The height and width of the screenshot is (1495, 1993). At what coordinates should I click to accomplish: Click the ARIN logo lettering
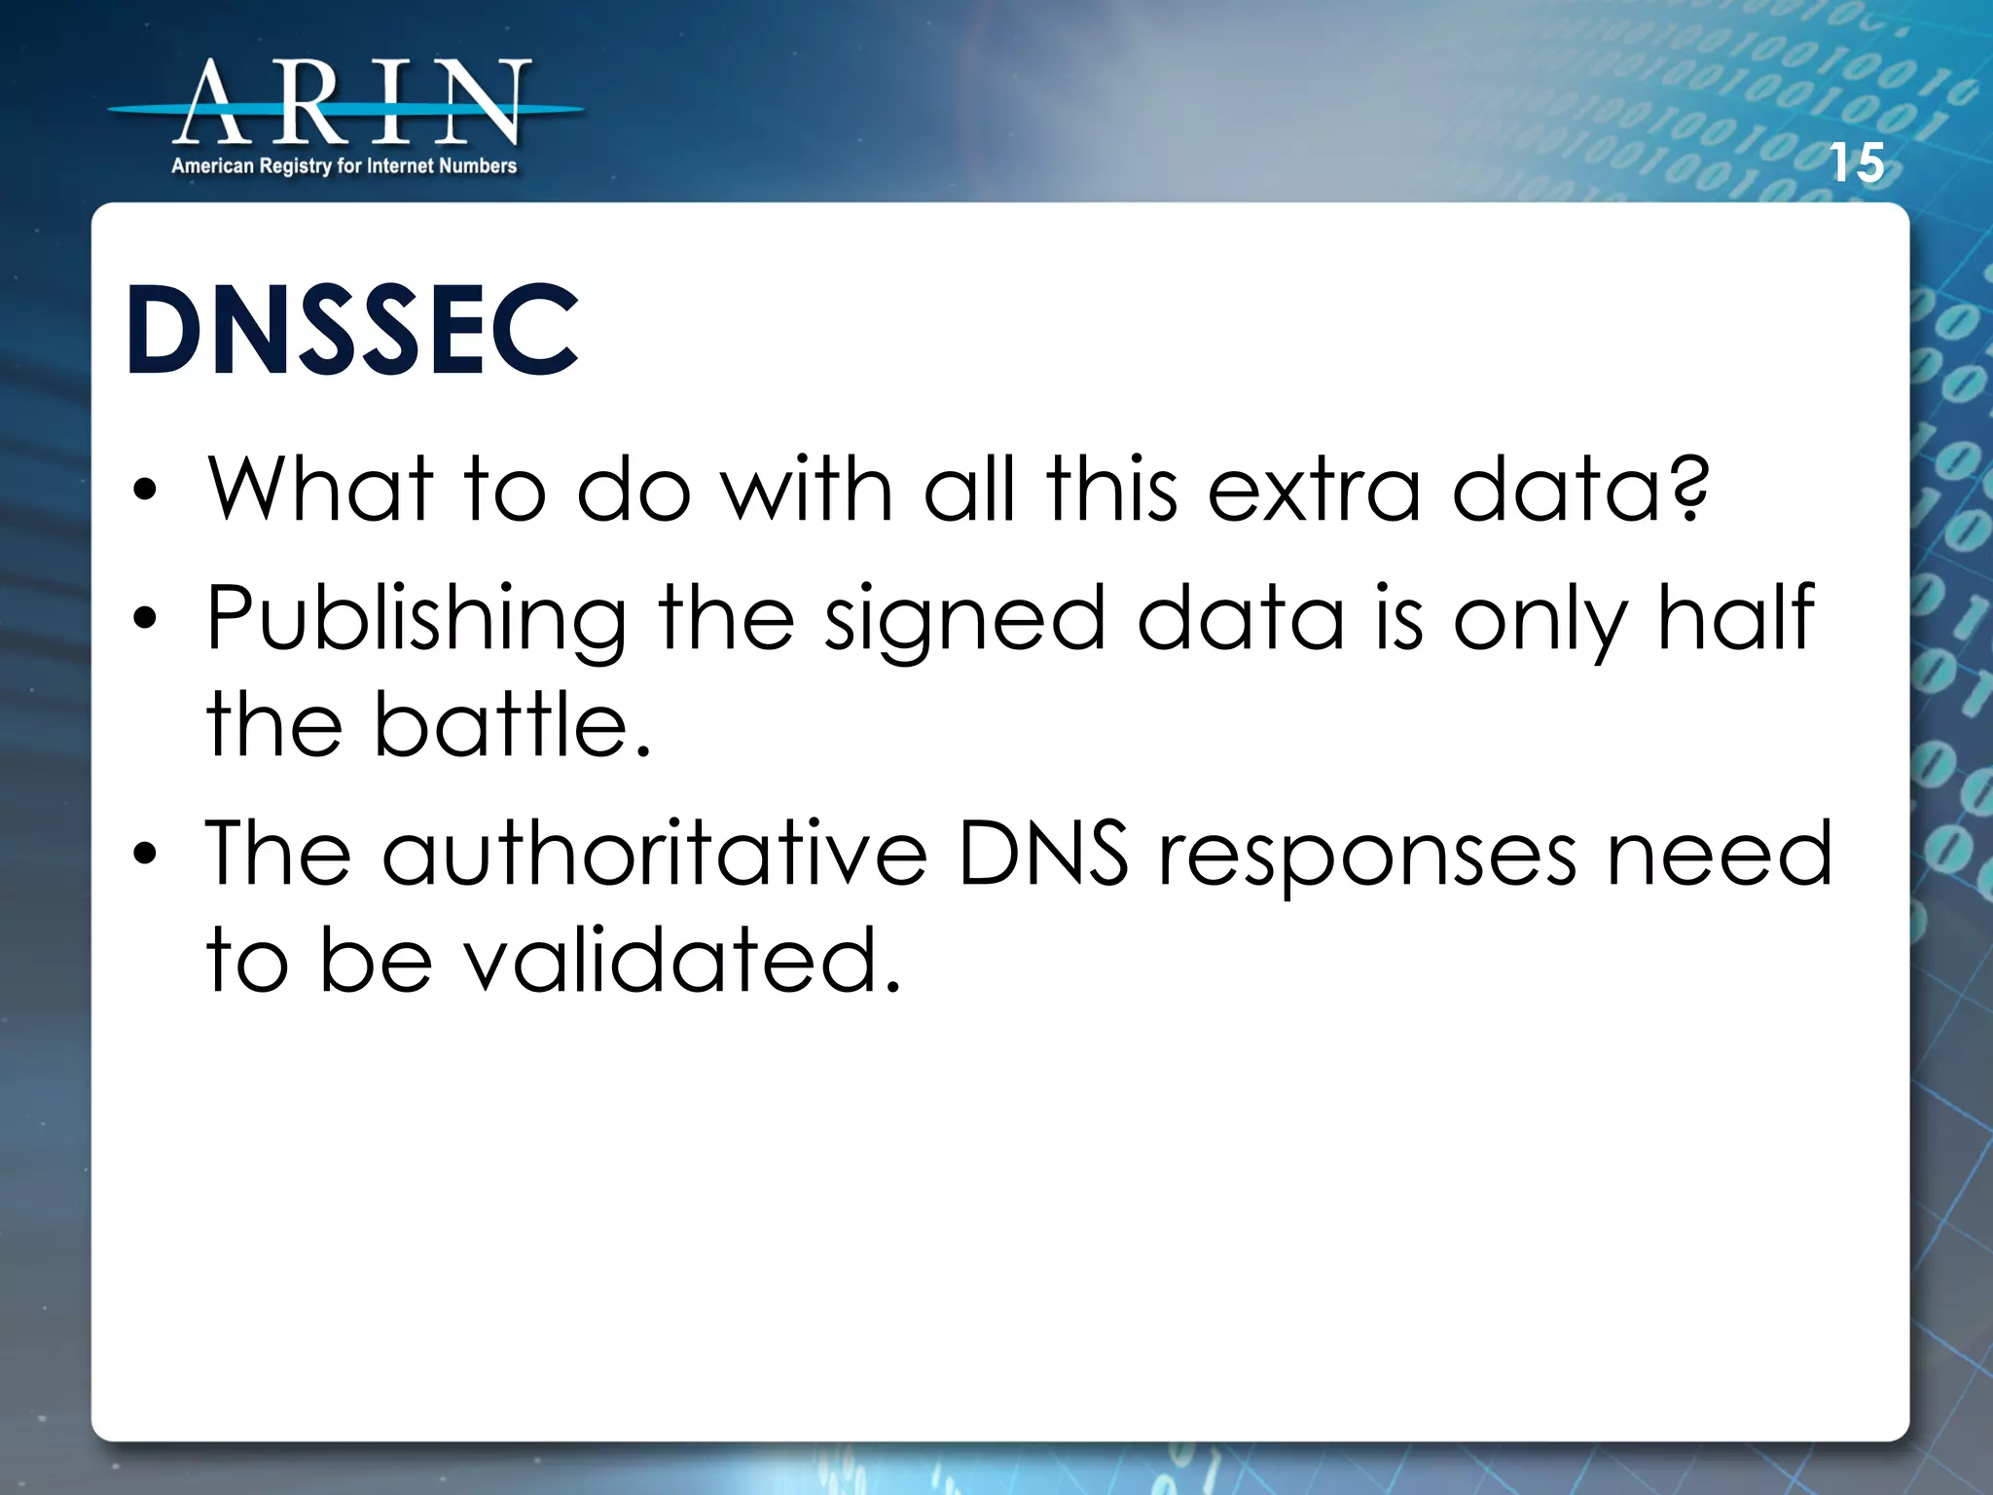click(x=350, y=102)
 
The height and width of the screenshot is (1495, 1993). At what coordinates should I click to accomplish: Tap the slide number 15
click(x=1857, y=163)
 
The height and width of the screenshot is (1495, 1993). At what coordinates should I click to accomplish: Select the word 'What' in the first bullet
click(x=320, y=489)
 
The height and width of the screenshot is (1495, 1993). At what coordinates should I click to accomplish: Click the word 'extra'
click(x=1314, y=489)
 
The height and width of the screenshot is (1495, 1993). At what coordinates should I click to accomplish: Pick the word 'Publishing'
click(x=417, y=620)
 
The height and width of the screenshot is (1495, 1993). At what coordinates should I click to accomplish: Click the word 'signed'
click(x=964, y=620)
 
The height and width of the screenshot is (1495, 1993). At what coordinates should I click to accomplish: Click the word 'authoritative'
click(x=654, y=854)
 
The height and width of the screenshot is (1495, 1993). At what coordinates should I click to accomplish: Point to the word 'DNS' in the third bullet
click(x=1043, y=854)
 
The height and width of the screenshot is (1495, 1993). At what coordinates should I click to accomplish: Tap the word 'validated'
click(x=670, y=961)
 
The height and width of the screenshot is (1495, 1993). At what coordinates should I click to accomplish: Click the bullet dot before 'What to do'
click(x=145, y=491)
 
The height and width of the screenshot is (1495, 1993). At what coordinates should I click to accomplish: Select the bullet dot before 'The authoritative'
click(x=145, y=855)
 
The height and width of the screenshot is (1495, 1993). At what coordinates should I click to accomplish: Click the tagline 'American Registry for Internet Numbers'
click(x=344, y=166)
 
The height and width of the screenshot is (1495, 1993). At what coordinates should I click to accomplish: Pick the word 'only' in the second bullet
click(x=1540, y=620)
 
